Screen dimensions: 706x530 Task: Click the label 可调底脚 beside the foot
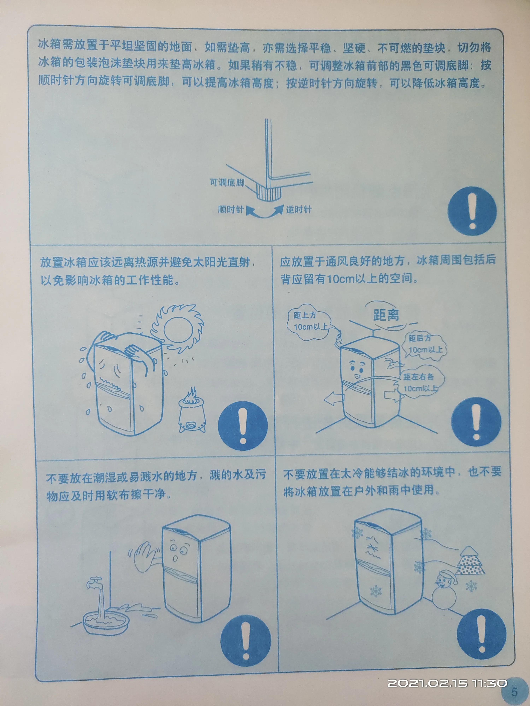227,183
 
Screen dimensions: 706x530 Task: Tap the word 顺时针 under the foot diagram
231,210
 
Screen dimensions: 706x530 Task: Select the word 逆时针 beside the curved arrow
298,210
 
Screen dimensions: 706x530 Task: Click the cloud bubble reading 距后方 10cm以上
425,345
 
